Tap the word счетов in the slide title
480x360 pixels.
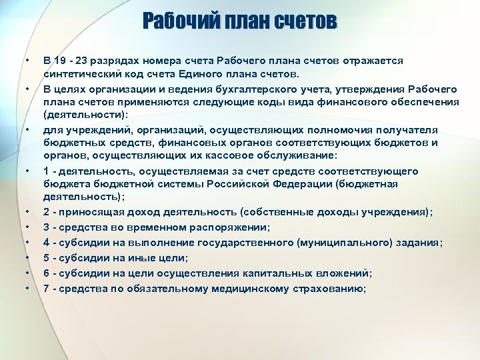304,22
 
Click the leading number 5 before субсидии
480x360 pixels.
47,258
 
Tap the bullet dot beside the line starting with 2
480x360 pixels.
27,213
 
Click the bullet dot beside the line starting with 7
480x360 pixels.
27,289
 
